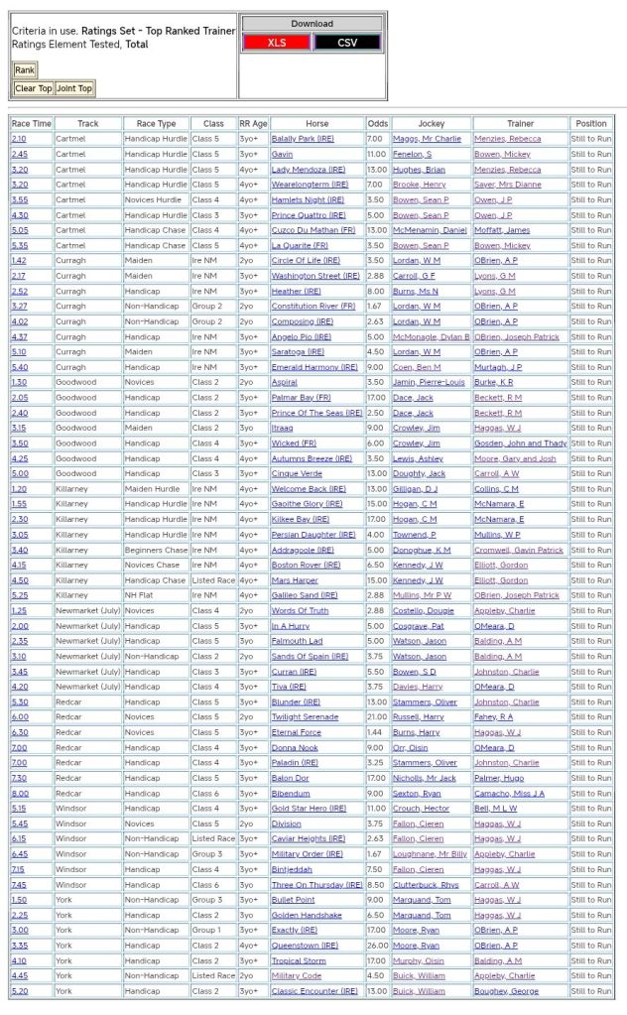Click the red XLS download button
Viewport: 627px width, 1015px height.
277,43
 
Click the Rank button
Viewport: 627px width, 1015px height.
24,70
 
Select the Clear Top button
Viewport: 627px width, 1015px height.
33,88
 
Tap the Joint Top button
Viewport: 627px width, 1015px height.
74,88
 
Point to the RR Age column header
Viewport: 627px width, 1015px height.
253,124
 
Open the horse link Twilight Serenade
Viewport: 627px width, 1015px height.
305,716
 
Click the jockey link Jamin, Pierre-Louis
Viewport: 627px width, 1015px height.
429,382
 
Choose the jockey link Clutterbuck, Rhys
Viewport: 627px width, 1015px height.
428,885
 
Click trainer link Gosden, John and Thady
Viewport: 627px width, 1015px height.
520,444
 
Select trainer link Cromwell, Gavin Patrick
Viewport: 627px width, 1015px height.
518,550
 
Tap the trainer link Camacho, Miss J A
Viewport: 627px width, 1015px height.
509,794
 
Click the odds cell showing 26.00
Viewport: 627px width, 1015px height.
377,946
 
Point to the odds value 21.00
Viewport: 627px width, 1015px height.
377,716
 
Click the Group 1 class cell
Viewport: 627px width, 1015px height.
206,931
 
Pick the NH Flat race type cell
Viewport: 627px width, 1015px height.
141,595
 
